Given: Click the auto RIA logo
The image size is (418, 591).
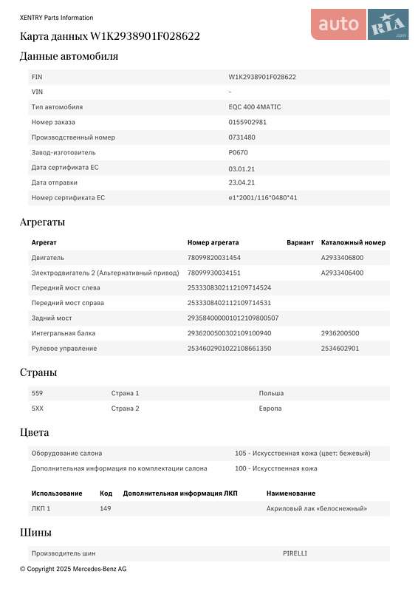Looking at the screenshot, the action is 359,24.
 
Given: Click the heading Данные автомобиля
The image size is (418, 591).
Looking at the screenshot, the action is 69,56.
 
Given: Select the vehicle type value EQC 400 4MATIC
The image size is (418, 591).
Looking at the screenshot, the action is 255,107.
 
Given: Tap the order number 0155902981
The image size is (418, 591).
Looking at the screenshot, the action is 247,122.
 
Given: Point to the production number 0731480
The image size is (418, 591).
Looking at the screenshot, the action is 242,137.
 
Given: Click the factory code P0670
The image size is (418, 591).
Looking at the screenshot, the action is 239,152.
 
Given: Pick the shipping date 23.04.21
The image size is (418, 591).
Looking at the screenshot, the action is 241,182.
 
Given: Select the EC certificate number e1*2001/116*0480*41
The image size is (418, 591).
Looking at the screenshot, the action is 263,198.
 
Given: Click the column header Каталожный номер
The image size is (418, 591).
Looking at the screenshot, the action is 353,242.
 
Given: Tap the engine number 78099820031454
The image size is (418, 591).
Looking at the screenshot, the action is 214,258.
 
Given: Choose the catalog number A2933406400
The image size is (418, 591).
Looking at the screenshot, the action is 342,273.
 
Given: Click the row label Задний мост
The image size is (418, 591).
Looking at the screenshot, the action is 52,318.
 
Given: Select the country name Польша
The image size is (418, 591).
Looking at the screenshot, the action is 271,393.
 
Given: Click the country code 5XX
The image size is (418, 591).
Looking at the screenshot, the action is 38,408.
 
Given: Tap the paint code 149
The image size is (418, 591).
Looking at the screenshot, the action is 105,508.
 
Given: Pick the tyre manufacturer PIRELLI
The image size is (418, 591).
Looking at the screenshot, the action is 295,553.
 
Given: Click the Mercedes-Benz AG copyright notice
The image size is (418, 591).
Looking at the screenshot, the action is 73,569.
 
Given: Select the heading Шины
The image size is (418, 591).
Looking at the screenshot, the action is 35,533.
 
